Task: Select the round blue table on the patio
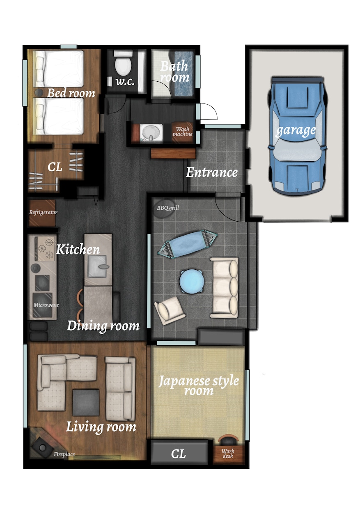pyautogui.click(x=192, y=281)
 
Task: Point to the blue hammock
pyautogui.click(x=188, y=244)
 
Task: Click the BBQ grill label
pyautogui.click(x=168, y=208)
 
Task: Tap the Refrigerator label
pyautogui.click(x=43, y=213)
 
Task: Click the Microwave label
pyautogui.click(x=46, y=305)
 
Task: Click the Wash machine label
pyautogui.click(x=183, y=132)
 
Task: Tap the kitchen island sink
pyautogui.click(x=98, y=266)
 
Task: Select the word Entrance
pyautogui.click(x=211, y=172)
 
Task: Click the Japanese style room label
pyautogui.click(x=199, y=385)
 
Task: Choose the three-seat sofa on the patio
pyautogui.click(x=224, y=287)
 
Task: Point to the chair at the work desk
pyautogui.click(x=228, y=440)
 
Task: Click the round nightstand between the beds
pyautogui.click(x=39, y=93)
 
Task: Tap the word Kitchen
pyautogui.click(x=78, y=249)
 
